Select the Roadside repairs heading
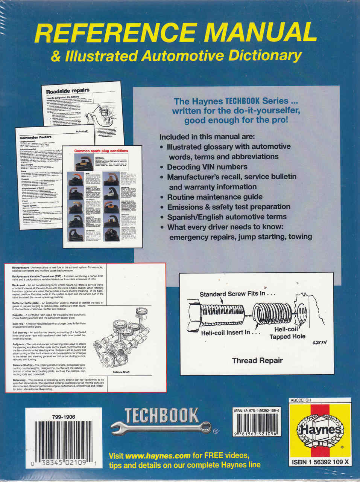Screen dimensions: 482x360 [x=68, y=91]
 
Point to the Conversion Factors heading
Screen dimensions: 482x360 [x=36, y=137]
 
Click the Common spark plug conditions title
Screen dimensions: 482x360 [x=101, y=151]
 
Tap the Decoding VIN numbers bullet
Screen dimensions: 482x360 [x=207, y=167]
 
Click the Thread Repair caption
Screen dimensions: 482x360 [x=257, y=360]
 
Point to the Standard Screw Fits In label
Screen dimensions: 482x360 [x=237, y=294]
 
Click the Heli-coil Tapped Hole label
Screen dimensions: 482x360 [x=287, y=333]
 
